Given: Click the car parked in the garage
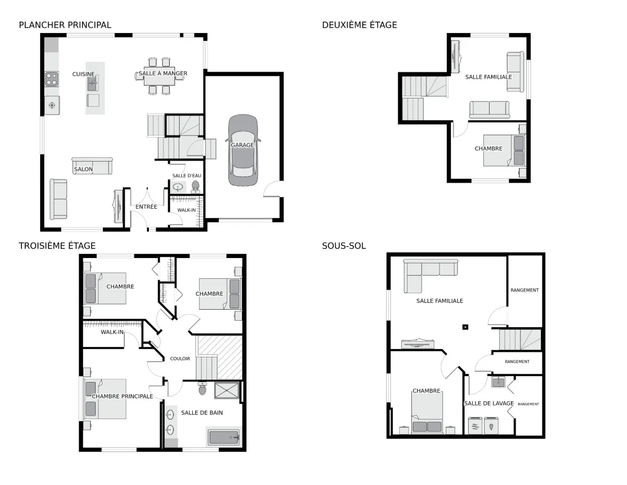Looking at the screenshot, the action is (x=242, y=150).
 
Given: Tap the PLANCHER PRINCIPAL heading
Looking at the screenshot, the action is (x=65, y=25).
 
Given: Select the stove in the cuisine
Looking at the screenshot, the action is (x=52, y=79).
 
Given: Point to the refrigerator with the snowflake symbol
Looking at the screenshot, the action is (x=52, y=105).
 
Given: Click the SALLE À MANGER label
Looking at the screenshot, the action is (x=162, y=73).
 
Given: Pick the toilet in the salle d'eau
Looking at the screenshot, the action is (x=195, y=187).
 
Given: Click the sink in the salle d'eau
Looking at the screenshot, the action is (x=178, y=187).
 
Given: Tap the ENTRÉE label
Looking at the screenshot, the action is (x=146, y=207).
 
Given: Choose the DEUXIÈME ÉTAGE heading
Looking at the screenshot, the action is (x=359, y=25).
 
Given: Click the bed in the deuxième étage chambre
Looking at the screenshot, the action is (x=504, y=151).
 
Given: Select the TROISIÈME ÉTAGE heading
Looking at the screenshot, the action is (x=57, y=246).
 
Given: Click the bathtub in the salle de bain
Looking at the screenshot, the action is (x=224, y=437).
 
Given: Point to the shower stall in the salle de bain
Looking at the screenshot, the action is (x=227, y=390).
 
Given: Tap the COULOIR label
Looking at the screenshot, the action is (x=180, y=359).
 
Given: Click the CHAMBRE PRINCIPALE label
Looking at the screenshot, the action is (x=122, y=397).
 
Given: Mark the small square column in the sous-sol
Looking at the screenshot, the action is (x=465, y=327).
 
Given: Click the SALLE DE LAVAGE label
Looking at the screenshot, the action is (x=489, y=403).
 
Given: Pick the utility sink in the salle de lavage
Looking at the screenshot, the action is (x=498, y=382).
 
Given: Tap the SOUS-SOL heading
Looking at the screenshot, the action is (x=344, y=246).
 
